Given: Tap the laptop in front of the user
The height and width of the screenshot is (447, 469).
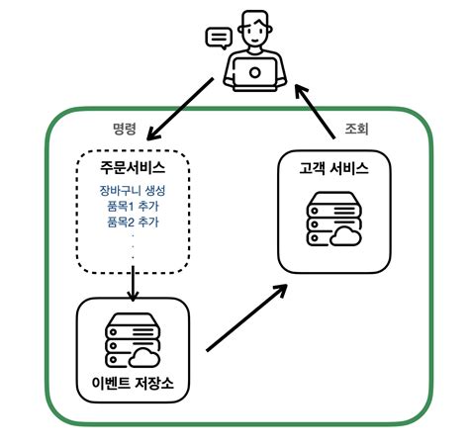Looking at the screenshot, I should [x=255, y=72].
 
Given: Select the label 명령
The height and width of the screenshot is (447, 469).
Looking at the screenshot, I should [x=126, y=130].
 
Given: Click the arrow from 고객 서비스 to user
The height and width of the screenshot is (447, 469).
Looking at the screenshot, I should [x=318, y=111].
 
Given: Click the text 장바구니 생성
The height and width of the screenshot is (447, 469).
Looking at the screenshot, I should [x=133, y=191].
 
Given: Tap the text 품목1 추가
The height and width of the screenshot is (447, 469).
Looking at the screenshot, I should [x=133, y=207].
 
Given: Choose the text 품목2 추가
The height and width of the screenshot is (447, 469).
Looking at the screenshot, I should [x=133, y=223].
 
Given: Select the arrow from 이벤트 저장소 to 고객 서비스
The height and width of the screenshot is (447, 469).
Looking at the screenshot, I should [x=246, y=317].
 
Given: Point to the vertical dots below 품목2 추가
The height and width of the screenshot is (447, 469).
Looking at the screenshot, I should [x=133, y=250].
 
